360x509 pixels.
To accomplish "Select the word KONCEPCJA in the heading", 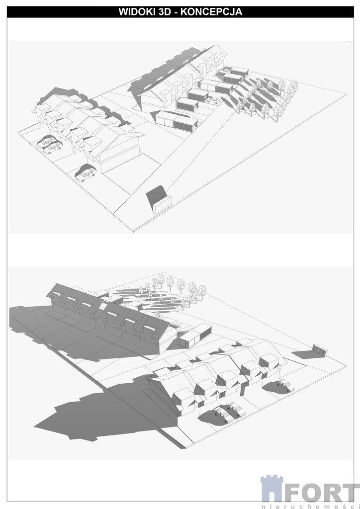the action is tap(211, 12).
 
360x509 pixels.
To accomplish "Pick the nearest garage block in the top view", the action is tap(177, 120).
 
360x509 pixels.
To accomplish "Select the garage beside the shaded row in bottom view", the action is tap(195, 336).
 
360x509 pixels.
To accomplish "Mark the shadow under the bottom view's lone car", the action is tap(274, 386).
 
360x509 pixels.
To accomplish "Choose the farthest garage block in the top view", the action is tap(234, 71).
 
